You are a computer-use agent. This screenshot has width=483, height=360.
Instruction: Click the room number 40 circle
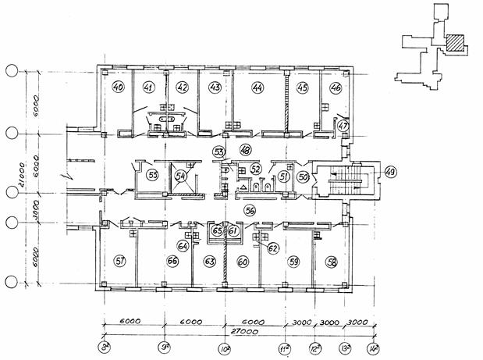(x=119, y=87)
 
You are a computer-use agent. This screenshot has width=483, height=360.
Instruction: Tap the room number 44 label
(x=257, y=87)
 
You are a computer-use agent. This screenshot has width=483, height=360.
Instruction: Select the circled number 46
(x=336, y=88)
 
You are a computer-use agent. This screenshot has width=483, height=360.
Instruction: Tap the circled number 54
(x=180, y=176)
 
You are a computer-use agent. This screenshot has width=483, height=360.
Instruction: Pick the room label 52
(x=255, y=169)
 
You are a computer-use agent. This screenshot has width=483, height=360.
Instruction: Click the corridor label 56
(x=250, y=209)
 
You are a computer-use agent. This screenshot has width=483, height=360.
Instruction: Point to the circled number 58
(x=332, y=262)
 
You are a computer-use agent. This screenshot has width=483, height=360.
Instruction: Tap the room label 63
(x=209, y=262)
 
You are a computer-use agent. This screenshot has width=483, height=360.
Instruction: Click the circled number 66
(x=173, y=261)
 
